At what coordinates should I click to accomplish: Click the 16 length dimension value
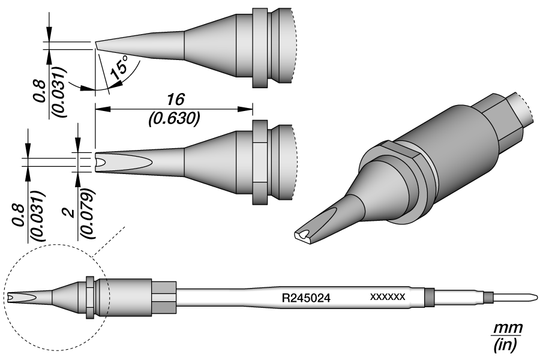click(175, 99)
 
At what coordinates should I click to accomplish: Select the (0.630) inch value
click(174, 118)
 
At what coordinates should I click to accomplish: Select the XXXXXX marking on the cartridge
click(388, 297)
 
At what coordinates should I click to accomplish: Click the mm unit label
click(507, 329)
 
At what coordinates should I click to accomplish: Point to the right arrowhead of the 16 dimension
click(248, 109)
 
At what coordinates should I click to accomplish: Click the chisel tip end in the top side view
click(97, 46)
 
